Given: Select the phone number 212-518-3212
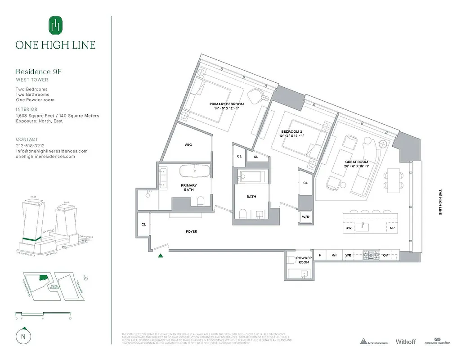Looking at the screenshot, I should point(30,146).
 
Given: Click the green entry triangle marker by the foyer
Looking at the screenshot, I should point(160,256).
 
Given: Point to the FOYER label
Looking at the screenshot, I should point(192,232).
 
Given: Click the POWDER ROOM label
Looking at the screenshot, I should point(304,260).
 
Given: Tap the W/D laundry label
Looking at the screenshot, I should point(306,217).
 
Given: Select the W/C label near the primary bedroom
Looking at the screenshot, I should point(189,145).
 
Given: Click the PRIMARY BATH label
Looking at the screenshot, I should point(189,188).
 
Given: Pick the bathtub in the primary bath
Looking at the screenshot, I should point(195,171).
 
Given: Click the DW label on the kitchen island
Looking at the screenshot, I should point(349,228).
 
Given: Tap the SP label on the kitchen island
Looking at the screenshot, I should point(392,228).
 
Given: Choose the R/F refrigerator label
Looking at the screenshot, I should point(334,255).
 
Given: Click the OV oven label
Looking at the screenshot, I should point(385,255).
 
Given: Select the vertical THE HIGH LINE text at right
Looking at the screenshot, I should point(440,202).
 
